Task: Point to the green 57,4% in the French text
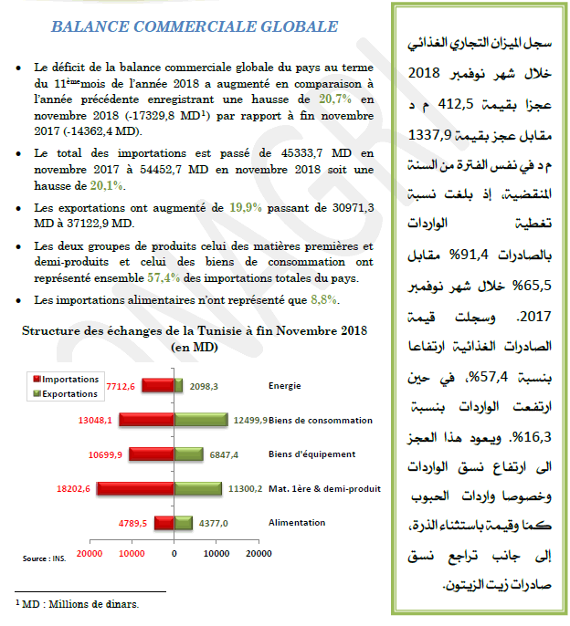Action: pos(164,278)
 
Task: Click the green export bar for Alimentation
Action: pos(183,522)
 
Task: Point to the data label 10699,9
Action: pos(107,454)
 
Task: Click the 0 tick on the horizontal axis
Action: pos(174,553)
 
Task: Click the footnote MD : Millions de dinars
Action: pos(78,603)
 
